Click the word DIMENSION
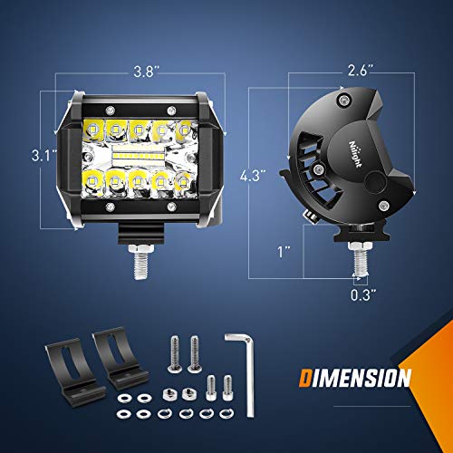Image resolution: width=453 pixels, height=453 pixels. tap(355, 377)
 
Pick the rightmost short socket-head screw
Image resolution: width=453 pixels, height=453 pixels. tap(226, 386)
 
